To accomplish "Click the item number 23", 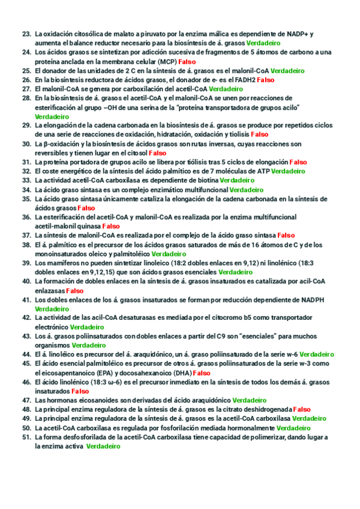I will (x=26, y=34).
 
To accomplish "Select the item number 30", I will (x=26, y=144).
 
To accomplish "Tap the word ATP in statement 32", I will (x=262, y=171).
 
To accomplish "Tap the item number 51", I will (x=26, y=437).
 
